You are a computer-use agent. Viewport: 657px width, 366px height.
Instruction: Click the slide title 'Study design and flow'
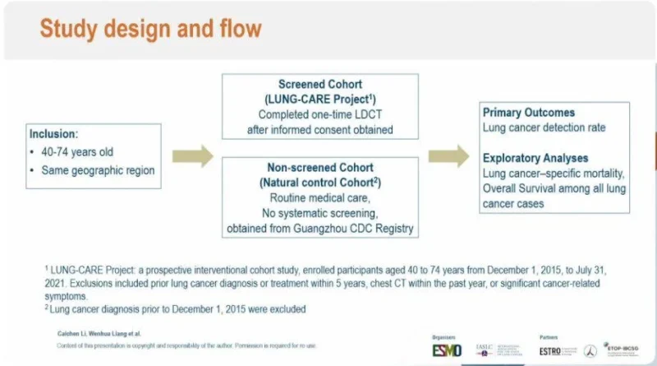coord(151,30)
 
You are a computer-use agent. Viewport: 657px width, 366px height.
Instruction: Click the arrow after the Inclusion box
coord(193,153)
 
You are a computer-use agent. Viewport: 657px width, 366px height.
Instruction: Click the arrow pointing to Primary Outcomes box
coord(448,153)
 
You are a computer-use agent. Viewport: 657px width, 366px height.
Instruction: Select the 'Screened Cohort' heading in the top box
coord(320,86)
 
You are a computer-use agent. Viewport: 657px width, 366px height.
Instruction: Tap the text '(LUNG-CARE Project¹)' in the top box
coord(320,100)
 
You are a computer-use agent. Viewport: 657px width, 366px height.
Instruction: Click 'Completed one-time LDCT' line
coord(320,115)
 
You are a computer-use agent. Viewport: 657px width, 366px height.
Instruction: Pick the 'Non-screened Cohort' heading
coord(320,169)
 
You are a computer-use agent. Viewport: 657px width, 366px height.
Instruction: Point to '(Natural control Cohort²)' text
coord(320,183)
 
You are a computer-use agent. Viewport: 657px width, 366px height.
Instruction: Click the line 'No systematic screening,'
coord(320,213)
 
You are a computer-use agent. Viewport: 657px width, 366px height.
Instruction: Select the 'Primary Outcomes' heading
coord(528,113)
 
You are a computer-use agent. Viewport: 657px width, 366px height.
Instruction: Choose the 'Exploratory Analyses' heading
coord(535,158)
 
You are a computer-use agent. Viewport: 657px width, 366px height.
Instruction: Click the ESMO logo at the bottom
coord(447,350)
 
